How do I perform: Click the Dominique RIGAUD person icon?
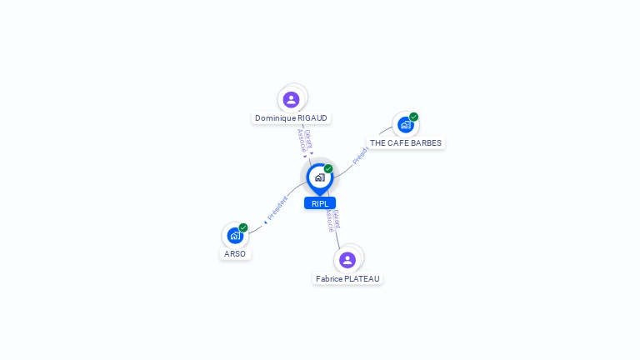click(291, 99)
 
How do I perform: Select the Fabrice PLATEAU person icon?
click(347, 259)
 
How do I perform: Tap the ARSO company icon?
click(234, 236)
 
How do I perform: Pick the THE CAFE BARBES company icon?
click(405, 125)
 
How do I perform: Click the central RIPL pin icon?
click(319, 177)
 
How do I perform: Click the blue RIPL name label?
click(320, 203)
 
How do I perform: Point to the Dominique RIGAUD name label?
click(291, 118)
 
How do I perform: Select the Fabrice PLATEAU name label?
click(347, 278)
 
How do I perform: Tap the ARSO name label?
click(235, 253)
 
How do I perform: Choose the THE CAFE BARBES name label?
click(406, 143)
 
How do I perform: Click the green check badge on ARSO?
click(243, 227)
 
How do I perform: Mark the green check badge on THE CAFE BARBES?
click(413, 117)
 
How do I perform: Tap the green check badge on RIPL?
click(328, 168)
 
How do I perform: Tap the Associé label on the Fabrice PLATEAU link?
click(329, 221)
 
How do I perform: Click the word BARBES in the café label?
click(426, 143)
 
